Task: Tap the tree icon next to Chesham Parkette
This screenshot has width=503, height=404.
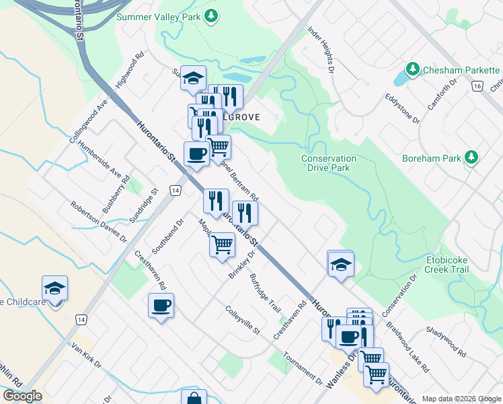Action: [x=412, y=69]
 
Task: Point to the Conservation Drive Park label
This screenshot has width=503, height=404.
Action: [x=329, y=163]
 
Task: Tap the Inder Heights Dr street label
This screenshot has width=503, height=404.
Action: [x=321, y=49]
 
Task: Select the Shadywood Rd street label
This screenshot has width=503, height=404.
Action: [x=445, y=341]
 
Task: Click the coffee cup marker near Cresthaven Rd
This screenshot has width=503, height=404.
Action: [x=161, y=306]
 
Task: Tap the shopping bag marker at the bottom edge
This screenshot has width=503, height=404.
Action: [x=194, y=397]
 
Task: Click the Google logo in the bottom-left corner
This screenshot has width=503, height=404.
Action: [x=22, y=396]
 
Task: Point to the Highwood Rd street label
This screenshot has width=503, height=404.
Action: [x=130, y=70]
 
